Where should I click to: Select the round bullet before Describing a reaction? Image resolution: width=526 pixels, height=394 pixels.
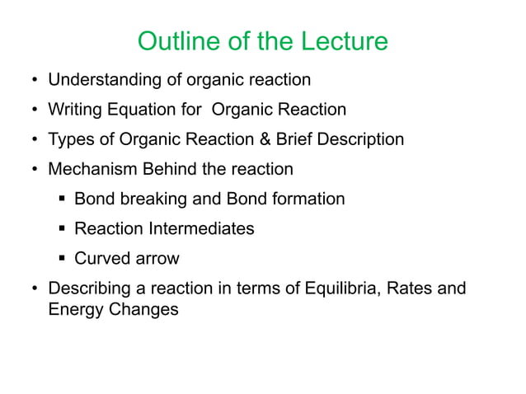(x=34, y=289)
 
